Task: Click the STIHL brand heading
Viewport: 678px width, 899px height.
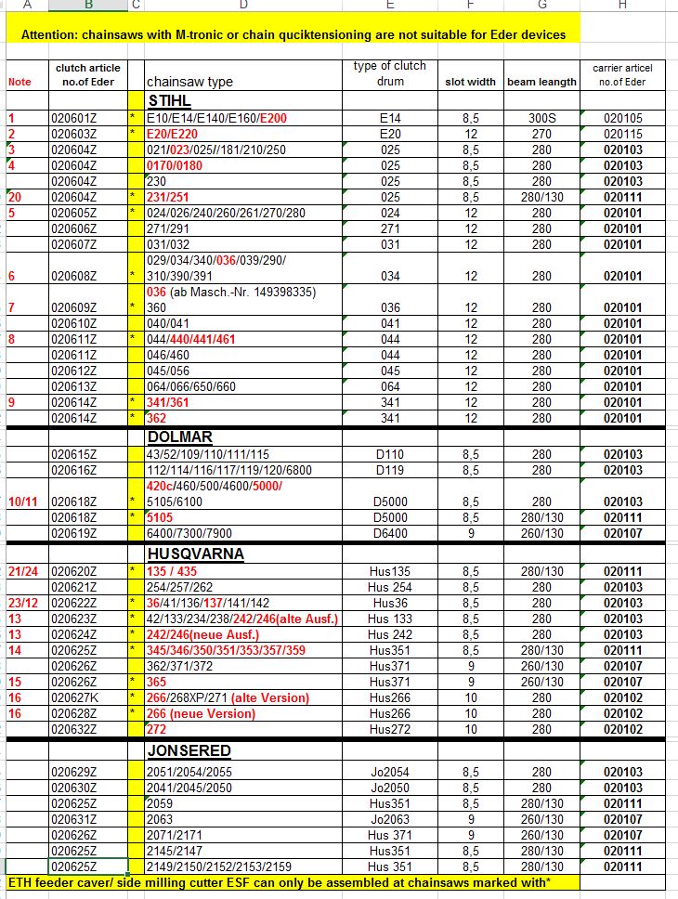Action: click(169, 100)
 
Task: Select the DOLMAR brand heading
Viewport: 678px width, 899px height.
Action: click(179, 436)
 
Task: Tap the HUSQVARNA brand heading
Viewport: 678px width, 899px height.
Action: click(195, 554)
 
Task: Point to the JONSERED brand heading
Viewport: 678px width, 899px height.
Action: click(189, 750)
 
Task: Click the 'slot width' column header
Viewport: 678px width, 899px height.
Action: click(470, 82)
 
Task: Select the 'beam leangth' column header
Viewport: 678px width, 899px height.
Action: click(541, 82)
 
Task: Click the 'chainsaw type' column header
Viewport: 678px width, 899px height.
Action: click(189, 82)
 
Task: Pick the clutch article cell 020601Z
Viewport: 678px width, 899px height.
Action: click(74, 119)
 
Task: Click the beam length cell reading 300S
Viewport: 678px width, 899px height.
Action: click(541, 119)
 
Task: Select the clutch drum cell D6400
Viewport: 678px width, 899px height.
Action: click(390, 534)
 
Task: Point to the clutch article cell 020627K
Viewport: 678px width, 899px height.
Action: click(74, 698)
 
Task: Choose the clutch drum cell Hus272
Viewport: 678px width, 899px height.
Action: click(390, 730)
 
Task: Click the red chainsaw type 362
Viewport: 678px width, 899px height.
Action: click(156, 418)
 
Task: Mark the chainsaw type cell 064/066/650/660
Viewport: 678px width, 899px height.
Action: click(191, 386)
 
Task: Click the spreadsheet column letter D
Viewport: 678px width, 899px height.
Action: click(243, 4)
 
